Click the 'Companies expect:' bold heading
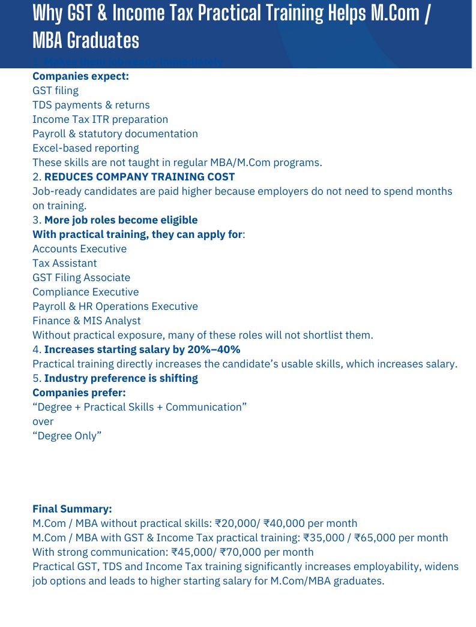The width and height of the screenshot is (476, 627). (x=80, y=76)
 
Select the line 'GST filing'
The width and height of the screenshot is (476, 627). (x=55, y=91)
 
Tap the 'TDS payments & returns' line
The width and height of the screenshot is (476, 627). (x=91, y=105)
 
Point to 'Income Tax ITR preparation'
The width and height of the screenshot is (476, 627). (x=100, y=119)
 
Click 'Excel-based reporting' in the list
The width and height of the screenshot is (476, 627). (x=85, y=148)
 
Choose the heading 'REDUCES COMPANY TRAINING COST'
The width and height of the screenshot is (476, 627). (x=139, y=177)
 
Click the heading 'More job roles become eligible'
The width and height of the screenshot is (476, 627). (x=121, y=220)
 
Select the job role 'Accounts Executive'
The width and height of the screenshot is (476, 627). (x=79, y=249)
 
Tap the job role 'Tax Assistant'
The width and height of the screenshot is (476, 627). (x=64, y=263)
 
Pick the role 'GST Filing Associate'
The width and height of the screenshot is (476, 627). (x=81, y=278)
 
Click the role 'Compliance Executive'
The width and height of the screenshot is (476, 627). (x=85, y=292)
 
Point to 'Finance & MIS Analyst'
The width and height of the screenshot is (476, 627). (x=86, y=321)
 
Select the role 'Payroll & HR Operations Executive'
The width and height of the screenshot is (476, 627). (x=115, y=306)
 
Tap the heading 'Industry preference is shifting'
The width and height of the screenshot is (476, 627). (x=121, y=378)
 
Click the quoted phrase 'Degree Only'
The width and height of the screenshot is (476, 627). (x=67, y=436)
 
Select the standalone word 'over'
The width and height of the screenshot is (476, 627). (x=43, y=421)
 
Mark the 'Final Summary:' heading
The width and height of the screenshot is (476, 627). (x=72, y=509)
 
